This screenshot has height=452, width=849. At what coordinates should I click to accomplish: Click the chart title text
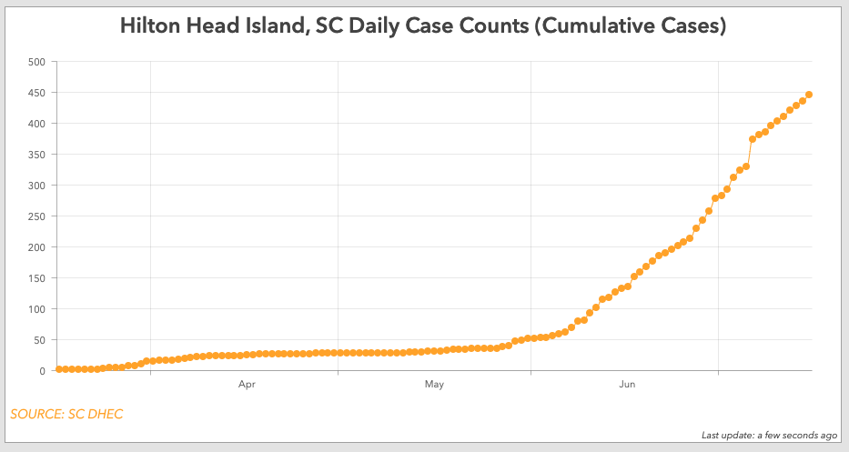tap(423, 26)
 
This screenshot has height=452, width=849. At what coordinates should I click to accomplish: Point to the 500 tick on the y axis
tap(36, 62)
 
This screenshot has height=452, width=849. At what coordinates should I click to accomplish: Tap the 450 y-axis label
tap(36, 93)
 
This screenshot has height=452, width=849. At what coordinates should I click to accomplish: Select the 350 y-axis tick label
tap(36, 155)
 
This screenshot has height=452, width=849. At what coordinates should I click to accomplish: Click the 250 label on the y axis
tap(36, 216)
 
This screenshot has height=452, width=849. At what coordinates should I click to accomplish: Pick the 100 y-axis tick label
tap(36, 309)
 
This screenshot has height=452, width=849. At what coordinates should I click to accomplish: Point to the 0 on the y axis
tap(42, 371)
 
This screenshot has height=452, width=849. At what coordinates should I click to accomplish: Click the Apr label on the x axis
tap(247, 386)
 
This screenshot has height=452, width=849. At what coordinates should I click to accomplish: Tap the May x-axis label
tap(434, 386)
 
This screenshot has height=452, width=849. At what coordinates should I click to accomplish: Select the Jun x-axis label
tap(627, 386)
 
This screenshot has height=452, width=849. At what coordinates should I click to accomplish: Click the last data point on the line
tap(809, 95)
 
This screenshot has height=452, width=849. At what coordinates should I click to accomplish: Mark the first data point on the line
tap(59, 369)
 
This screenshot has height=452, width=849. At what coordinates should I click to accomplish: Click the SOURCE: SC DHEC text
tap(66, 415)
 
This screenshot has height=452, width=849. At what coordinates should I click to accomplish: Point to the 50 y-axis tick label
tap(39, 340)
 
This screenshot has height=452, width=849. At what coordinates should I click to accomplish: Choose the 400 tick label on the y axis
tap(36, 124)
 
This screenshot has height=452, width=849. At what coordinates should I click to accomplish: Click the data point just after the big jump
tap(753, 139)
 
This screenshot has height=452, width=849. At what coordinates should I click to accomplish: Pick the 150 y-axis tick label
tap(36, 278)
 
